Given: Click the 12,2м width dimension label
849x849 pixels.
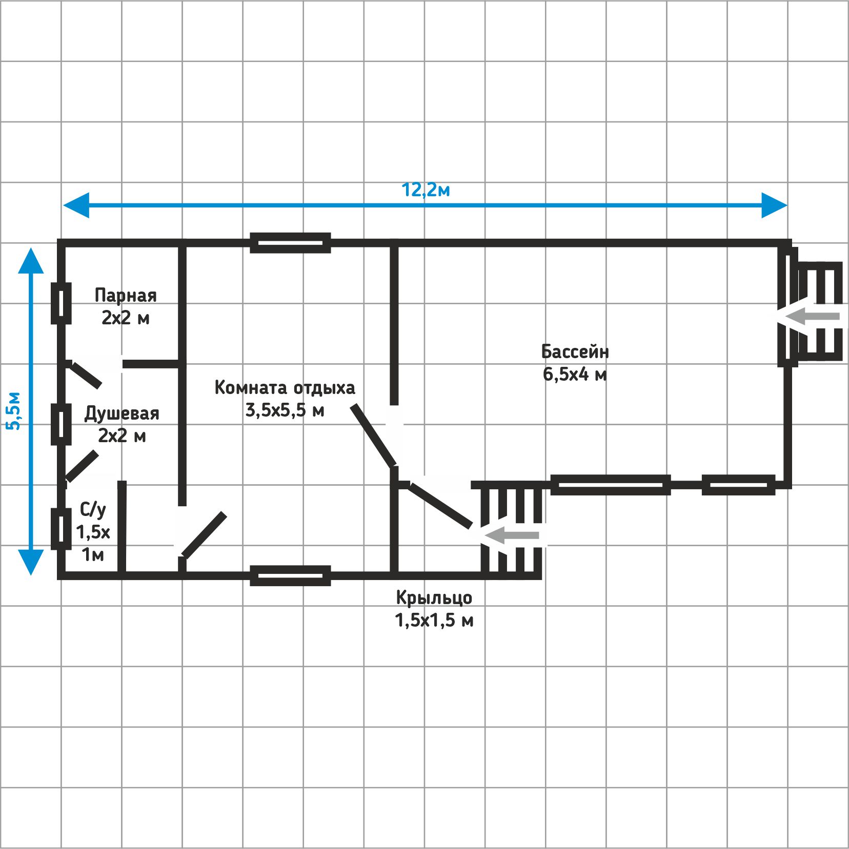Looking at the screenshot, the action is click(x=426, y=190).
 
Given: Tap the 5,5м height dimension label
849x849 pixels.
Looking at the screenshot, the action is click(x=14, y=411).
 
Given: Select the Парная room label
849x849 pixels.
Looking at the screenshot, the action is click(x=126, y=296).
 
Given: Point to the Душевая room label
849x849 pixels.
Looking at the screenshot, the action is click(x=122, y=413).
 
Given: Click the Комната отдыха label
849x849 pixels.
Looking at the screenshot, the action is click(x=285, y=388).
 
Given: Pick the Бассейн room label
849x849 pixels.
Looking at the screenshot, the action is click(x=575, y=351).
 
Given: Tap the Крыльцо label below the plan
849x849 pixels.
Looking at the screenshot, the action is click(x=434, y=598).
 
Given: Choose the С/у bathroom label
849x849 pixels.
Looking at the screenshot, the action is click(x=93, y=510).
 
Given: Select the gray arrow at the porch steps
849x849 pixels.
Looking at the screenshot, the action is click(x=511, y=535).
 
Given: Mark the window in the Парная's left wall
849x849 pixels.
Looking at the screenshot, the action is click(x=61, y=304).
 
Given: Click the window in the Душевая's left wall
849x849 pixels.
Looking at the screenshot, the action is click(x=61, y=424).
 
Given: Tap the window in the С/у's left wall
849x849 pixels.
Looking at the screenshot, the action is click(x=61, y=529).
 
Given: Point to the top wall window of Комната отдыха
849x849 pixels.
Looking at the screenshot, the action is click(x=290, y=243).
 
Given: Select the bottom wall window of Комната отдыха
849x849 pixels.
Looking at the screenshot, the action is click(x=290, y=576).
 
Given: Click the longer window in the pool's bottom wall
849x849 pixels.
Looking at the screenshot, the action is click(x=611, y=485).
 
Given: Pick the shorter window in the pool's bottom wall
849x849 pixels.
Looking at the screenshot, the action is click(x=738, y=485).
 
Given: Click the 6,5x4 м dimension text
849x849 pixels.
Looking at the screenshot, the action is click(x=575, y=375).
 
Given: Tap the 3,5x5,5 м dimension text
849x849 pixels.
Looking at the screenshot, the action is click(x=285, y=410).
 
